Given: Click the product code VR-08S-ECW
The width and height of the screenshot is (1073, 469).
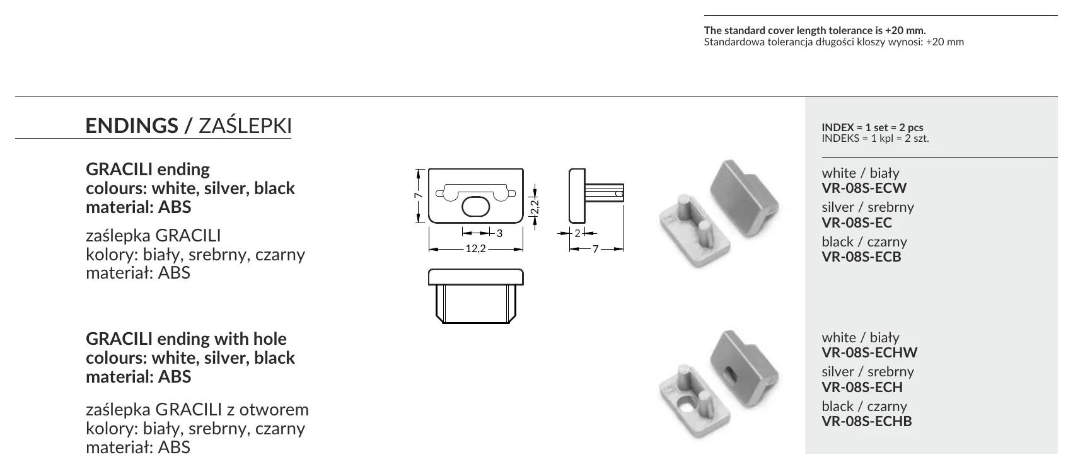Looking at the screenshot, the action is point(864,188).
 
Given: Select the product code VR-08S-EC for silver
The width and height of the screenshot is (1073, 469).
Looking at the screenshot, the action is point(857,223).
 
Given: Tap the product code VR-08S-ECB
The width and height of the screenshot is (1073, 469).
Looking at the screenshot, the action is point(861,257).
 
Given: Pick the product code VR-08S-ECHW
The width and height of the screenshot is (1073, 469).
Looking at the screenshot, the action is point(869,352).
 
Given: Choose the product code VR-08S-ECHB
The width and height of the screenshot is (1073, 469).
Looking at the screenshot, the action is point(867,422).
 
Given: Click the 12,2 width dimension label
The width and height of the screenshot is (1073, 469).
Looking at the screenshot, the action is point(476,248).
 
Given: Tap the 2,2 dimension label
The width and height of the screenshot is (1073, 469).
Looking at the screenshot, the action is point(535,207).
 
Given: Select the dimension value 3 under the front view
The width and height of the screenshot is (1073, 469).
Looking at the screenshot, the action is point(499,233).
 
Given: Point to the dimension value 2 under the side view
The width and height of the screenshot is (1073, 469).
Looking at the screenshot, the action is point(577,233).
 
